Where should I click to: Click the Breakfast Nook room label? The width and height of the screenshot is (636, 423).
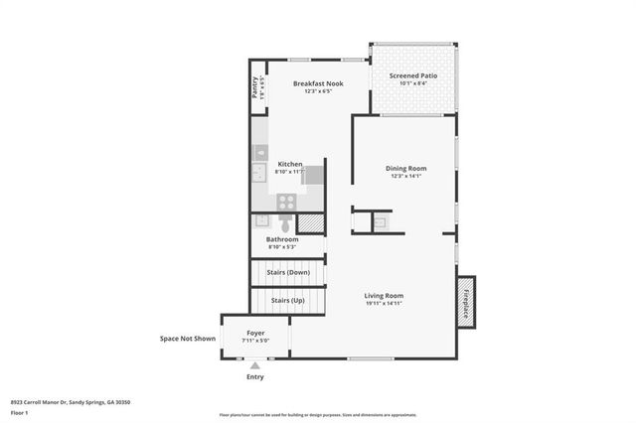[318, 83]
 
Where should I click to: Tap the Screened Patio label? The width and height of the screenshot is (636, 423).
[411, 75]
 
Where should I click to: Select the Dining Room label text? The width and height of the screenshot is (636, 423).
[405, 168]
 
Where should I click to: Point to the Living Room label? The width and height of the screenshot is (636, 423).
[384, 295]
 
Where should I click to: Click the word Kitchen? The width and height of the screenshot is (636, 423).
[289, 164]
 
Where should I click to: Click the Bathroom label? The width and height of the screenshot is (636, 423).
[282, 239]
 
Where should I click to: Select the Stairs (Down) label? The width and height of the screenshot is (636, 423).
[289, 271]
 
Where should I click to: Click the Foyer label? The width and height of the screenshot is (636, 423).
[255, 334]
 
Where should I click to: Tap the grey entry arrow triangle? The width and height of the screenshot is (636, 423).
[254, 365]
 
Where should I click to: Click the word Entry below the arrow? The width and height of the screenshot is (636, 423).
[255, 377]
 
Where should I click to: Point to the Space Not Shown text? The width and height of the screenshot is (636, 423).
[188, 339]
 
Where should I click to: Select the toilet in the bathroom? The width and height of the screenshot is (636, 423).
[286, 221]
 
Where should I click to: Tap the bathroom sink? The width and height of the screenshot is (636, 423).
[263, 221]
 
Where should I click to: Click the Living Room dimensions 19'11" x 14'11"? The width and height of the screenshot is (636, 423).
[384, 304]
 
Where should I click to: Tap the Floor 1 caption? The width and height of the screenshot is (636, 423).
[19, 411]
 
